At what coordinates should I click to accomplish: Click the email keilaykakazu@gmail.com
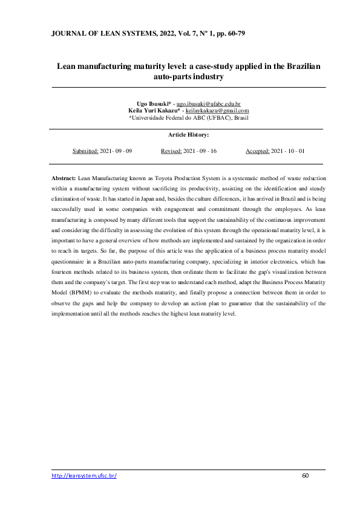pyautogui.click(x=217, y=111)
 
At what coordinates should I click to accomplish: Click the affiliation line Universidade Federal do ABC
pyautogui.click(x=189, y=118)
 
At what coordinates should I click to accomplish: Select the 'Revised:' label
pyautogui.click(x=173, y=152)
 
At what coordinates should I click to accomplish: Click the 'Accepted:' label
pyautogui.click(x=257, y=152)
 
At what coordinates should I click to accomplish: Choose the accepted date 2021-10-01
pyautogui.click(x=287, y=152)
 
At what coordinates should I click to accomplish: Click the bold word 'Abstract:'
pyautogui.click(x=64, y=179)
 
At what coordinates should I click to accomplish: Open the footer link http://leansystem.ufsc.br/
pyautogui.click(x=84, y=476)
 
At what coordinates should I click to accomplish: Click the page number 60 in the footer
pyautogui.click(x=306, y=476)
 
